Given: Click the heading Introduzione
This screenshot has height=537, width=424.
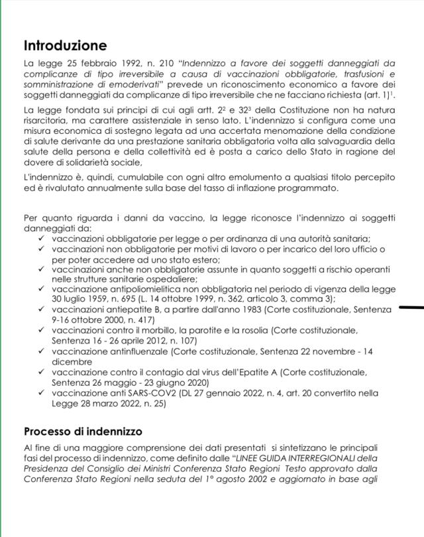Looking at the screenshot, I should pyautogui.click(x=65, y=46).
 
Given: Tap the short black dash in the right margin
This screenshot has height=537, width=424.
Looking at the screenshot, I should pyautogui.click(x=411, y=308).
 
